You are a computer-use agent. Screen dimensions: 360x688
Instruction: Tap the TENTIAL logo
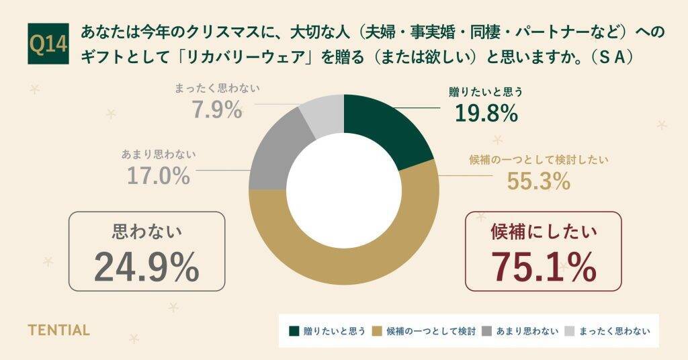(58, 330)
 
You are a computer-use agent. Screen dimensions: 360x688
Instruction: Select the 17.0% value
(158, 176)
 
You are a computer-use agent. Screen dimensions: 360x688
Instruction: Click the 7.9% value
(217, 109)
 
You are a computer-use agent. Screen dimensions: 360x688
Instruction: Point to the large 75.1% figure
(543, 267)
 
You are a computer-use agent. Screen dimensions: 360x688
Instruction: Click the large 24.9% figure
(146, 267)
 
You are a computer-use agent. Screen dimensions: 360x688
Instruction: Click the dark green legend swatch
(294, 331)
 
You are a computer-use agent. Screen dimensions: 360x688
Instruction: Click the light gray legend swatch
(569, 331)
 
